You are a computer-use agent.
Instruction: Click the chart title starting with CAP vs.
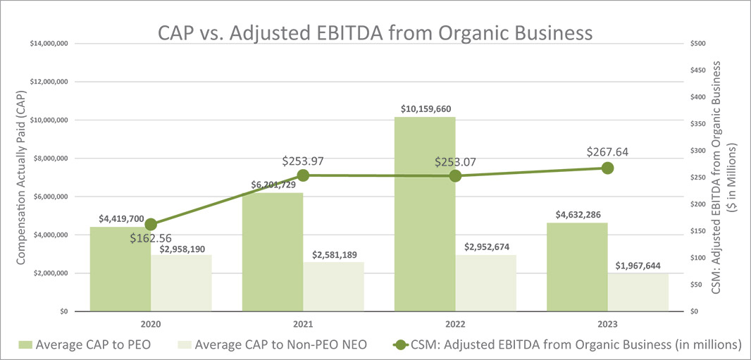coord(375,33)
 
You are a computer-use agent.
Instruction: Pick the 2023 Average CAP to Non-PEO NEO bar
coord(638,292)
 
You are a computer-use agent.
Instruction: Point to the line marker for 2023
coord(607,168)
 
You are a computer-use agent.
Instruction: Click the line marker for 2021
coord(303,175)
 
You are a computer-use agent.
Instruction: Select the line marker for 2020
coord(151,224)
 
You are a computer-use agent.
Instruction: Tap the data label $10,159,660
coord(426,109)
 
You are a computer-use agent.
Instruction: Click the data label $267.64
coord(608,151)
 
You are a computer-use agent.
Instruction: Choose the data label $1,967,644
coord(639,266)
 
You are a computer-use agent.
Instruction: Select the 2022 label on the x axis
coord(455,324)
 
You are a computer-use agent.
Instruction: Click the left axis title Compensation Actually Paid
coord(21,177)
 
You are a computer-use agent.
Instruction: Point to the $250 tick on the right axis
coord(696,178)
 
